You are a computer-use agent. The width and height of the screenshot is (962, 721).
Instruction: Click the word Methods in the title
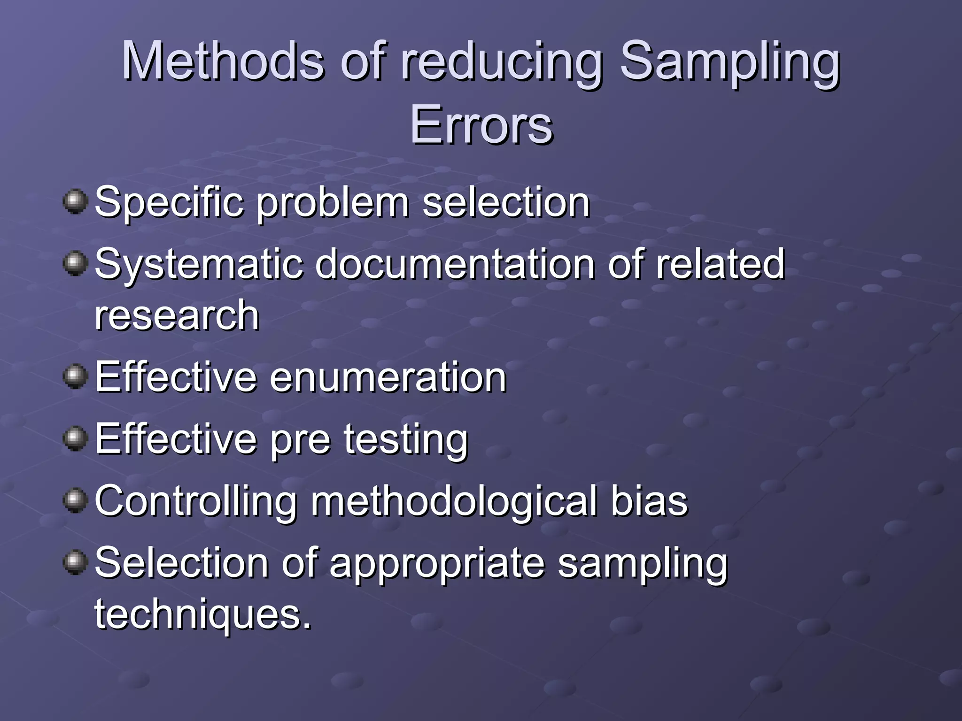(223, 61)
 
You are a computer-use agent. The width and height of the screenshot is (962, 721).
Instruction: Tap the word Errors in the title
(481, 125)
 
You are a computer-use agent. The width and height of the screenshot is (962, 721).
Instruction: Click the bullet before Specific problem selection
(75, 202)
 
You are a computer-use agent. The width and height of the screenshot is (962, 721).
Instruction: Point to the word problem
(333, 204)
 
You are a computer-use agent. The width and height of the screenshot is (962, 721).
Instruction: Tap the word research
(177, 315)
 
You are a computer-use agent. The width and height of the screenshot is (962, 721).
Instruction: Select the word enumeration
(388, 377)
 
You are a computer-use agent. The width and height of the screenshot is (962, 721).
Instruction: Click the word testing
(406, 440)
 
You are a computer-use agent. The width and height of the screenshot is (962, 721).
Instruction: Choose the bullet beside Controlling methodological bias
(75, 501)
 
